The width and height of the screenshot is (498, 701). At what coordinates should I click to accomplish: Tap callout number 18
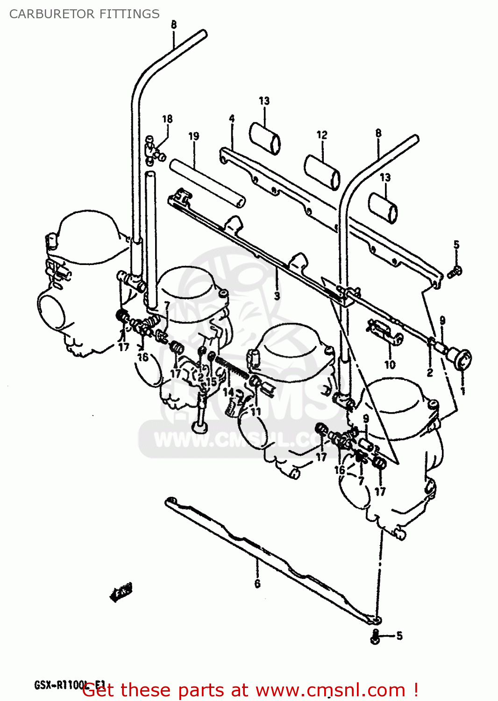tap(167, 119)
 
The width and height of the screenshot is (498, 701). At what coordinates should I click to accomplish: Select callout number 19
tap(193, 136)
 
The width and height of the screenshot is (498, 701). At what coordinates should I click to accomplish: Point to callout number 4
tap(232, 119)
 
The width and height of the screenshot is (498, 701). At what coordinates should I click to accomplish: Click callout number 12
tap(322, 135)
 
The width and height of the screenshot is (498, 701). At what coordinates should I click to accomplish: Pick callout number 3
tap(277, 296)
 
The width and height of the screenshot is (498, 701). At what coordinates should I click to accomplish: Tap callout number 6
tap(257, 584)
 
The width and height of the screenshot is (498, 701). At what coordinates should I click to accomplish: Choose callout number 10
tap(390, 365)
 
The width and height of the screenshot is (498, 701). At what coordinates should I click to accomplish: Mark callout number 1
tap(463, 391)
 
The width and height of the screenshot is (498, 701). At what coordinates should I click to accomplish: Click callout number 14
tap(228, 392)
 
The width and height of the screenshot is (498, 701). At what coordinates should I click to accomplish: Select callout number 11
tap(256, 412)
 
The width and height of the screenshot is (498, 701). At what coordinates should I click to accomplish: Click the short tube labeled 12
tap(322, 172)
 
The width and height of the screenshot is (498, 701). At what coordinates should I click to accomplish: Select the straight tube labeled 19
tap(207, 183)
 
